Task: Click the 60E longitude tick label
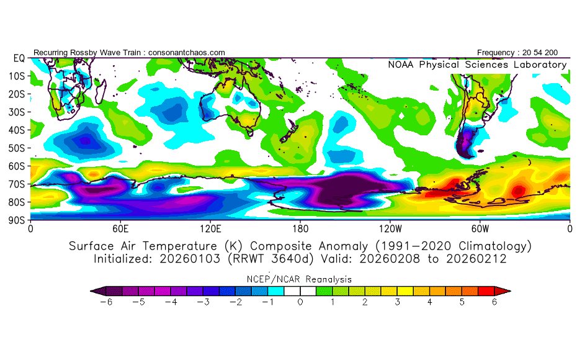[120, 228]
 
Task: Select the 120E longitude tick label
[210, 228]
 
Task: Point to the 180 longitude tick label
[300, 228]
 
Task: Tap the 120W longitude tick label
[390, 228]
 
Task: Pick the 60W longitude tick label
[480, 228]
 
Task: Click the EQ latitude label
[19, 58]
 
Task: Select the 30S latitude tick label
[17, 112]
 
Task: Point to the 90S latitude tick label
[17, 220]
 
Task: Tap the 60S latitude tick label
[17, 166]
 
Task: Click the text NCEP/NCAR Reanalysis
[300, 280]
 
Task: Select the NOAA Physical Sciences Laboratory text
[477, 65]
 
